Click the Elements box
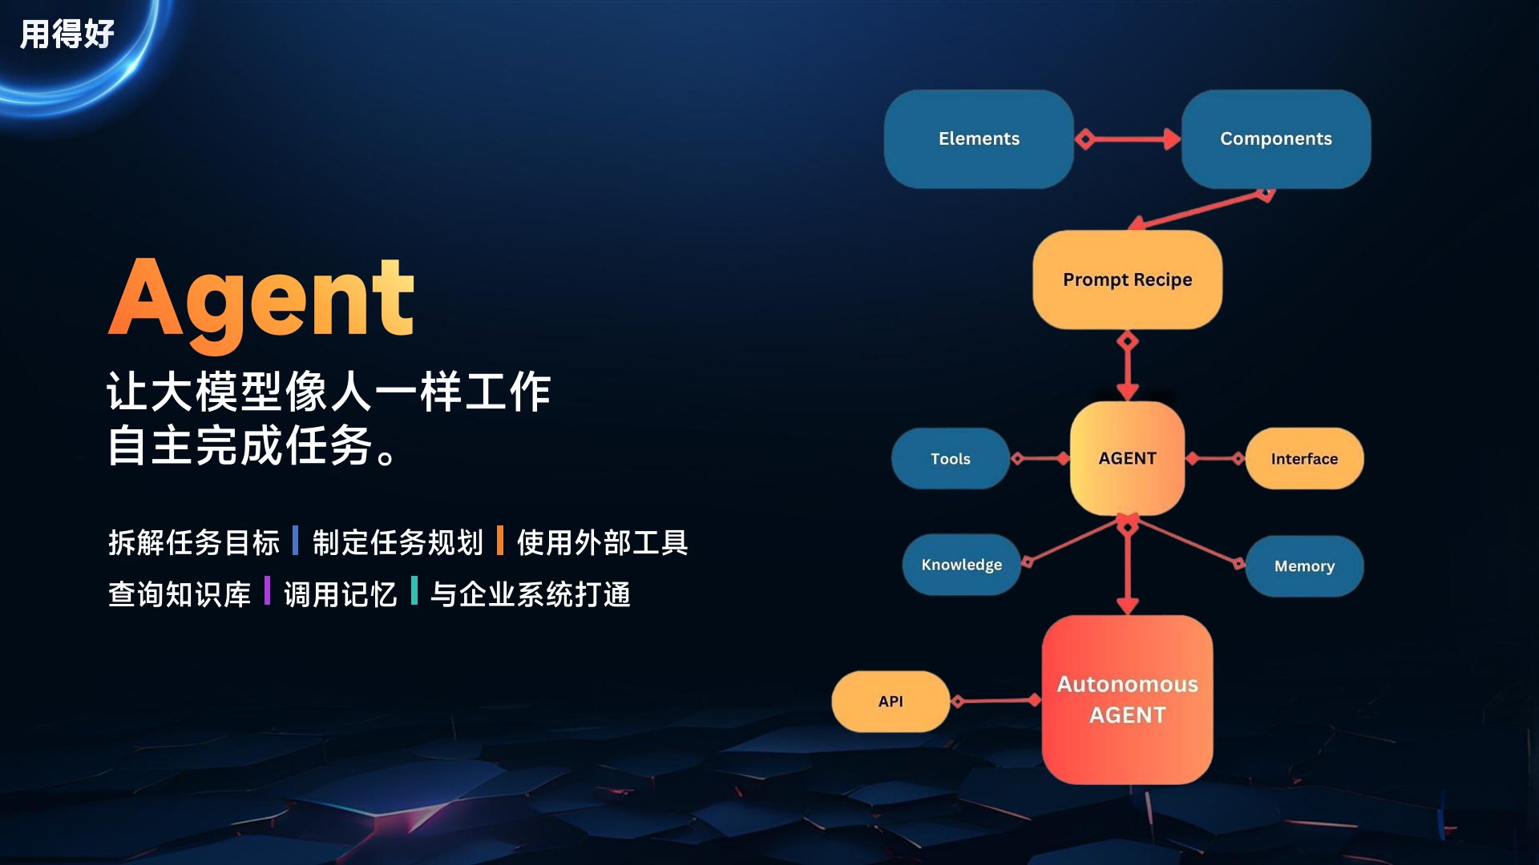tap(979, 139)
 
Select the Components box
tap(1276, 139)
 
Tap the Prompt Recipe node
tap(1128, 280)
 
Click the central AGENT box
tap(1128, 458)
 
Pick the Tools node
tap(951, 459)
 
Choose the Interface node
tap(1304, 459)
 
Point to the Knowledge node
tap(962, 565)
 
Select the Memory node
tap(1304, 566)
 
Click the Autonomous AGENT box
tap(1128, 699)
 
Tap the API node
tap(891, 702)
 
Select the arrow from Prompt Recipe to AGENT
tap(1128, 366)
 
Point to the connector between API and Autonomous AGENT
tap(996, 701)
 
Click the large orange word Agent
tap(261, 301)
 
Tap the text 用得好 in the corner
tap(67, 34)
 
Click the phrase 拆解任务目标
tap(194, 542)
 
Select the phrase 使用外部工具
tap(603, 542)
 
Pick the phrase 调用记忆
tap(341, 594)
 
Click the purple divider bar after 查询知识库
tap(267, 591)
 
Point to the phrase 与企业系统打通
tap(531, 594)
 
